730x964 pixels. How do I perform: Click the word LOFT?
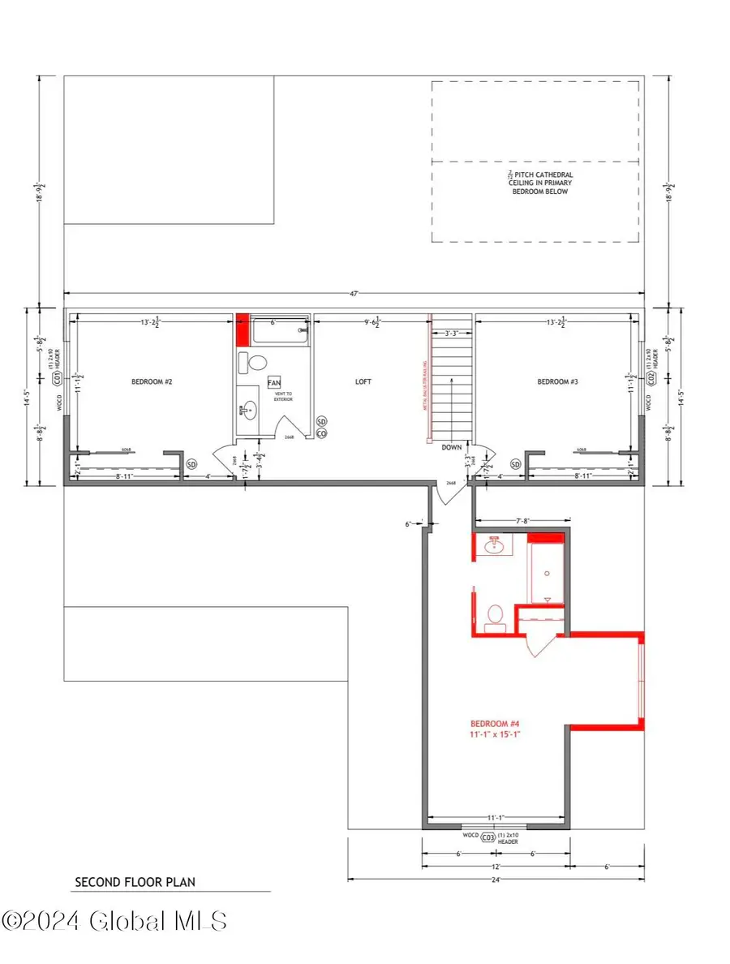tap(363, 381)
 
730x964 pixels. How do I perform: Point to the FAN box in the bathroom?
tap(274, 382)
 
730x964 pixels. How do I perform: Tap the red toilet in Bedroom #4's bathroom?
tap(493, 618)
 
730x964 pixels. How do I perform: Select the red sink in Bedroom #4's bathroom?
tap(495, 548)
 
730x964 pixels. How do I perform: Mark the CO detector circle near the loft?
tap(321, 434)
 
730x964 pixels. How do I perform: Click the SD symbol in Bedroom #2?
tap(192, 464)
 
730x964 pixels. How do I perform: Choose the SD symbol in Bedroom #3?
tap(515, 464)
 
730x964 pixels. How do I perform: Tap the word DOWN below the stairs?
tap(452, 447)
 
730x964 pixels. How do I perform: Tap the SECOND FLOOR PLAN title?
tap(135, 881)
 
